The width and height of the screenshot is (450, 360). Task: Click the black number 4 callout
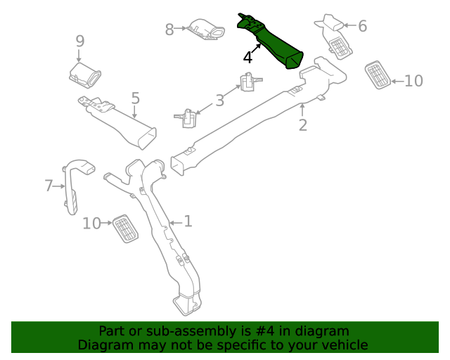pyautogui.click(x=247, y=58)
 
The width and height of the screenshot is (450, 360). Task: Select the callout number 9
pyautogui.click(x=80, y=41)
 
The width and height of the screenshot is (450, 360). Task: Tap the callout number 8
pyautogui.click(x=169, y=30)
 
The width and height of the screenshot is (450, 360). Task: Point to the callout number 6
pyautogui.click(x=363, y=26)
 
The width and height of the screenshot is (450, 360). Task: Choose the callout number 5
pyautogui.click(x=136, y=98)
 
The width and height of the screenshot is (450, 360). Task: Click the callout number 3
pyautogui.click(x=219, y=101)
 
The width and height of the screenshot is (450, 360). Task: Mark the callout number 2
pyautogui.click(x=303, y=125)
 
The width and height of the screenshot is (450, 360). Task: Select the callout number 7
pyautogui.click(x=49, y=186)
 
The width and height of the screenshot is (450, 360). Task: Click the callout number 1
pyautogui.click(x=188, y=221)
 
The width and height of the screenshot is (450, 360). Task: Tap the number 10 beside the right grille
pyautogui.click(x=413, y=81)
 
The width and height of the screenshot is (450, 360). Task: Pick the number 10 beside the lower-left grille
pyautogui.click(x=91, y=224)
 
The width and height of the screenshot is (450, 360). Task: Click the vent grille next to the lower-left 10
pyautogui.click(x=125, y=229)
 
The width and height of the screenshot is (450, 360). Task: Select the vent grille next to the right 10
pyautogui.click(x=378, y=75)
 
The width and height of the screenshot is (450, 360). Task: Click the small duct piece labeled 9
pyautogui.click(x=85, y=75)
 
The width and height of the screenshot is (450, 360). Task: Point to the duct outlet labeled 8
pyautogui.click(x=206, y=30)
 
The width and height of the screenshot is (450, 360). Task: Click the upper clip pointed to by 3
pyautogui.click(x=250, y=82)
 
